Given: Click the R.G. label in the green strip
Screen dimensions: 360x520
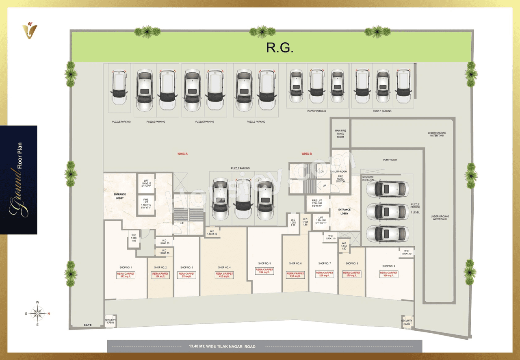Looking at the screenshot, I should [x=279, y=48].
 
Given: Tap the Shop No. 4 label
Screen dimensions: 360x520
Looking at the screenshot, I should [x=224, y=267].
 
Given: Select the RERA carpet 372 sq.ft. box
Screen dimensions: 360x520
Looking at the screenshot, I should [x=126, y=275].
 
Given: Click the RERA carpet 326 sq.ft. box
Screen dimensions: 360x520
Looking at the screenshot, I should [x=389, y=274].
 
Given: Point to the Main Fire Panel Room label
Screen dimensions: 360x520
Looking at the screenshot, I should [x=340, y=134].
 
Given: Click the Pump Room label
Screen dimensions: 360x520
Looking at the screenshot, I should [x=390, y=160].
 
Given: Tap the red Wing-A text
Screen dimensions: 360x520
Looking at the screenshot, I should [x=182, y=154].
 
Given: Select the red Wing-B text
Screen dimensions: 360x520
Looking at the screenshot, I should [x=307, y=154].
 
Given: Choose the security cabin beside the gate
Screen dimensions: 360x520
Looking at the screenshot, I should [x=110, y=321].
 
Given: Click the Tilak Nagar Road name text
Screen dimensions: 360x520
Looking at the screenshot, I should [x=222, y=347].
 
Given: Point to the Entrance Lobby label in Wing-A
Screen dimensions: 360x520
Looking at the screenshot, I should [x=119, y=196].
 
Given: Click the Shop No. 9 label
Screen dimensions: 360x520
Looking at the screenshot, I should [x=389, y=266].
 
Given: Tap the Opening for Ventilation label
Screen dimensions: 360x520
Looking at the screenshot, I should [x=368, y=178].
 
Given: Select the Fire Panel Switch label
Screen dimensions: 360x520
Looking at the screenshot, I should [x=340, y=179].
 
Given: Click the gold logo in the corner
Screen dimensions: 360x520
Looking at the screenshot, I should [x=30, y=30].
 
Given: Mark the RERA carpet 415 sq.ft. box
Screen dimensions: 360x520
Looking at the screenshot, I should [x=224, y=275].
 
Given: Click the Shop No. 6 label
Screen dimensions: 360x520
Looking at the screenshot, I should [x=295, y=263].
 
